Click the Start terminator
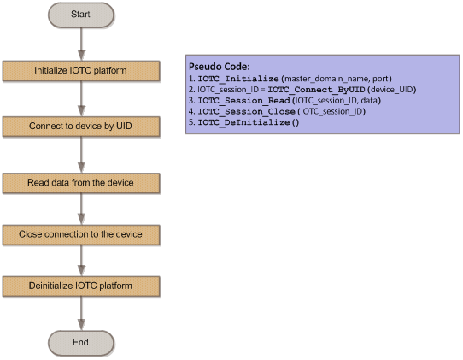pyautogui.click(x=81, y=15)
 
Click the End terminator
pyautogui.click(x=81, y=343)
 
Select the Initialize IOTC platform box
pyautogui.click(x=81, y=71)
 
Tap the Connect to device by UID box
pyautogui.click(x=81, y=127)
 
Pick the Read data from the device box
pyautogui.click(x=81, y=183)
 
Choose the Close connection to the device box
pyautogui.click(x=81, y=235)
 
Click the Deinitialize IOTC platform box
pyautogui.click(x=81, y=286)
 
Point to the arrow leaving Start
pyautogui.click(x=81, y=44)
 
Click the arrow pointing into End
pyautogui.click(x=81, y=313)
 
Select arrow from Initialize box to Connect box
pyautogui.click(x=81, y=98)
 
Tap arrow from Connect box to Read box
pyautogui.click(x=81, y=155)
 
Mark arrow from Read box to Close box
pyautogui.click(x=81, y=210)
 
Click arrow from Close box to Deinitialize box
pyautogui.click(x=81, y=261)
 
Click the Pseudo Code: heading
pyautogui.click(x=220, y=67)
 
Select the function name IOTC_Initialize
pyautogui.click(x=238, y=79)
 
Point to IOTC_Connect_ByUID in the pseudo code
pyautogui.click(x=317, y=90)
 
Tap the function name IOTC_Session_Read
pyautogui.click(x=244, y=101)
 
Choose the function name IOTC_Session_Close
pyautogui.click(x=247, y=111)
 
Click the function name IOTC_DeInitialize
pyautogui.click(x=244, y=122)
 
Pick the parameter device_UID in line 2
pyautogui.click(x=391, y=90)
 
